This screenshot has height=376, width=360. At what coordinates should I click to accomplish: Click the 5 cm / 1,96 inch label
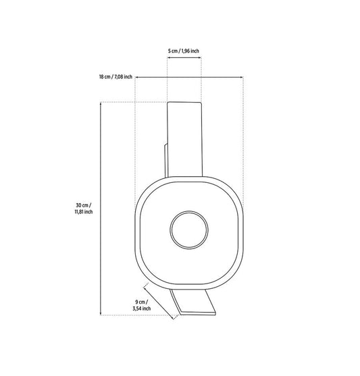(183, 51)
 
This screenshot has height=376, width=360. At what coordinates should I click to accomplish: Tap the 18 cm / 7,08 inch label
(115, 77)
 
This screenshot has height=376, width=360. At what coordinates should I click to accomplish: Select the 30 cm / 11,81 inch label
(84, 209)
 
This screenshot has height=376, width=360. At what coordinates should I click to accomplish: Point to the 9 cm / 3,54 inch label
(142, 305)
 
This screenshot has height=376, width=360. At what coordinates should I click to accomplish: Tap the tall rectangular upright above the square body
(185, 139)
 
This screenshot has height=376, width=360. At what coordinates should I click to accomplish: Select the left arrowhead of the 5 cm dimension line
(169, 57)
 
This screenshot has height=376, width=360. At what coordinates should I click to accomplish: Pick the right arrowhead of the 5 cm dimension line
(200, 57)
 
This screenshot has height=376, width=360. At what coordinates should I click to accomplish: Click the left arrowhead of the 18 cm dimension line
(137, 77)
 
